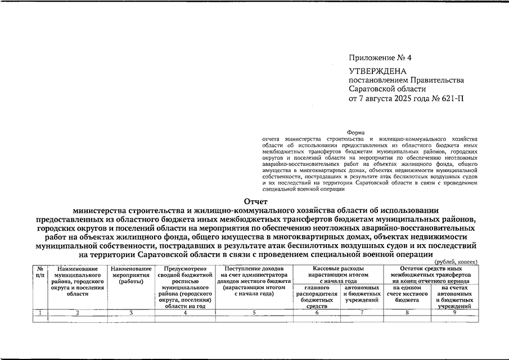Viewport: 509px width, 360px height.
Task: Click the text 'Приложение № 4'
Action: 380,58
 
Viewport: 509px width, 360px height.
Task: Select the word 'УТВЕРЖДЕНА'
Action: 376,71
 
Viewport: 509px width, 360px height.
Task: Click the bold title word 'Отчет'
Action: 255,202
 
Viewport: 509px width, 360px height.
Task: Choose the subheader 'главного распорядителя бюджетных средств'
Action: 317,297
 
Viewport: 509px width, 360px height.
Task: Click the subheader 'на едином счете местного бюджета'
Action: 407,294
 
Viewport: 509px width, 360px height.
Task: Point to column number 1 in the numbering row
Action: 39,312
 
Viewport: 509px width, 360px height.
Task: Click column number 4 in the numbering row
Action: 185,312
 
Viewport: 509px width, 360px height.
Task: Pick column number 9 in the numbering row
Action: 455,312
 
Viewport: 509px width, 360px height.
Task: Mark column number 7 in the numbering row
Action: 362,312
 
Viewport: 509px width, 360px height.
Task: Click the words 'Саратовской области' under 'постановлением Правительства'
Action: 388,89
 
